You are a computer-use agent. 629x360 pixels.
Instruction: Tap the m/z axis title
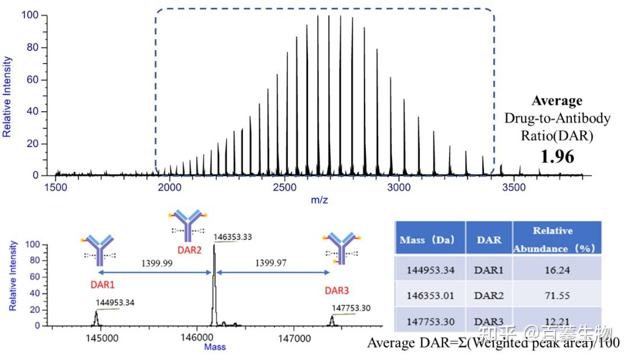point(318,200)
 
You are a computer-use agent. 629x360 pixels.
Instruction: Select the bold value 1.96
point(557,156)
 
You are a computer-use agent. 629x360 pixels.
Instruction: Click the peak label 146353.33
point(233,238)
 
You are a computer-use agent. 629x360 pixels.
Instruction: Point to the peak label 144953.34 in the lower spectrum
point(115,303)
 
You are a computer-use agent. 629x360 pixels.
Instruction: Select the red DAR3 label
point(341,290)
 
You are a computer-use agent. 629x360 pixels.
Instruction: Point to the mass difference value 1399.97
point(271,263)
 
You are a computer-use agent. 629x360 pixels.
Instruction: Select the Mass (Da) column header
point(430,240)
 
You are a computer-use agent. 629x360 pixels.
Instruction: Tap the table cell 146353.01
point(430,295)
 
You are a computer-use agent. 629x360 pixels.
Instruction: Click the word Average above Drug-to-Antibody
point(557,101)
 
